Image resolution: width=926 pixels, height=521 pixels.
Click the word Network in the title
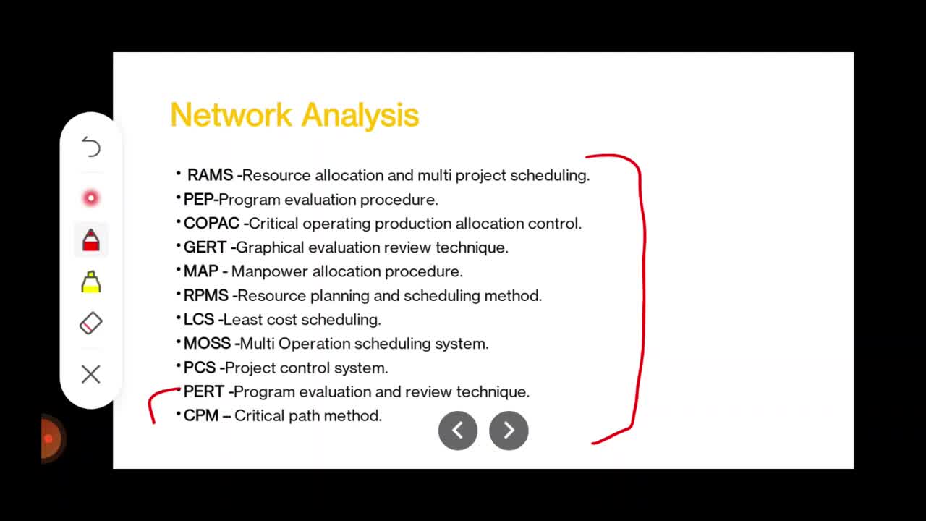click(231, 114)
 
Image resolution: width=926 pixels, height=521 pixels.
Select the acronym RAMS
click(210, 175)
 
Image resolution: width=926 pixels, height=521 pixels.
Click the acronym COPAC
click(211, 224)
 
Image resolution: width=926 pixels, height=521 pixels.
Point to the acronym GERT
click(205, 247)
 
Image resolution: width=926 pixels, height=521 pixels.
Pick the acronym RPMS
click(206, 296)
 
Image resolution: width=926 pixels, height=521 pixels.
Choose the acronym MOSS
click(207, 344)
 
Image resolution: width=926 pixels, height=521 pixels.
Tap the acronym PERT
click(204, 391)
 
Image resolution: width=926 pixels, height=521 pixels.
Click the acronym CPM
click(201, 415)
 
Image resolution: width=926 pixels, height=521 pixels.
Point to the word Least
click(242, 320)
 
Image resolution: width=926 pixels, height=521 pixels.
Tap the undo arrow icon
click(91, 147)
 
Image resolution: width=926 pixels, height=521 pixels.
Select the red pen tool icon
click(91, 240)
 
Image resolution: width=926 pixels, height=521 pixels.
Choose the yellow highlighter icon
click(91, 282)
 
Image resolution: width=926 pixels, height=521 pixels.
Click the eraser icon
click(91, 323)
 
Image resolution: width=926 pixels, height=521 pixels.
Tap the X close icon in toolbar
click(91, 374)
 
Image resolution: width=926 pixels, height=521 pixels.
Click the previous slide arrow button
click(458, 431)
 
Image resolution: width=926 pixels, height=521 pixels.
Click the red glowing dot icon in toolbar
click(91, 198)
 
